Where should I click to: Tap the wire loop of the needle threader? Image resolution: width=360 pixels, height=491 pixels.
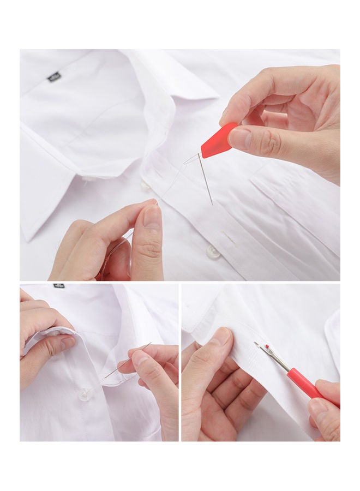[191, 159]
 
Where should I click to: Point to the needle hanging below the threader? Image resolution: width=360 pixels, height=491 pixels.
[206, 180]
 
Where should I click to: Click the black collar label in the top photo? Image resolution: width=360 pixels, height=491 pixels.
[53, 77]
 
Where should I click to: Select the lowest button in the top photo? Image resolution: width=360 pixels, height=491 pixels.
[213, 252]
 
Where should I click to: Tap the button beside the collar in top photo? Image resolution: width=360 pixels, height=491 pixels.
[145, 185]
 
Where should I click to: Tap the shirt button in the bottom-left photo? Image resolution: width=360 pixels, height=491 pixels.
[84, 394]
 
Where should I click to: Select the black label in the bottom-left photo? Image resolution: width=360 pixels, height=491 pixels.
[58, 286]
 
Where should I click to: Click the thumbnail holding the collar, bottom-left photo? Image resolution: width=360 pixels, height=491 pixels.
[68, 342]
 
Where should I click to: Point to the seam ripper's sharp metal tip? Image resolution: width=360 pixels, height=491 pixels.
[256, 344]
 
